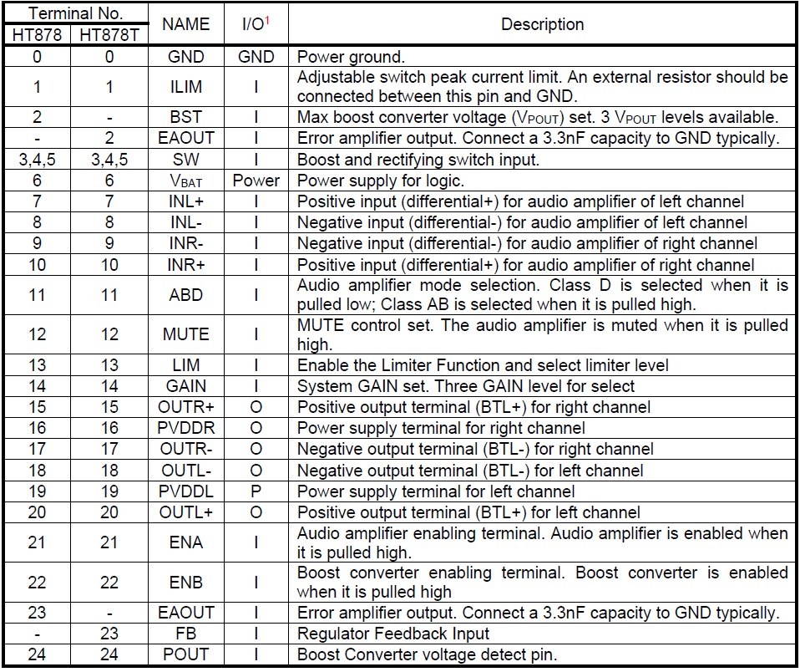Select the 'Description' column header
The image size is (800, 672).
(542, 24)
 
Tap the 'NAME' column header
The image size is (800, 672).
(185, 24)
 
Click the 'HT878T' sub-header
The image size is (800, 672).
(109, 35)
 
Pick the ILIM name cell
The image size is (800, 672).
(185, 86)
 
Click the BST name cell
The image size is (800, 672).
(185, 117)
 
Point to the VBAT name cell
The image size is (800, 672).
(185, 181)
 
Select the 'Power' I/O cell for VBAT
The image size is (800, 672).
(256, 181)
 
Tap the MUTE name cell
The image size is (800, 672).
(185, 333)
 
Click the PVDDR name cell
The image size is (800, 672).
(185, 427)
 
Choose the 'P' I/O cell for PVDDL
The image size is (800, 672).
(256, 491)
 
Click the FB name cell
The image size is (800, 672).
(185, 634)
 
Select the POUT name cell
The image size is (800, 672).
(185, 654)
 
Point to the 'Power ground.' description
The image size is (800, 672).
(351, 57)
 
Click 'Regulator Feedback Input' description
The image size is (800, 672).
(393, 634)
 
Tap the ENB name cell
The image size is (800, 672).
(185, 582)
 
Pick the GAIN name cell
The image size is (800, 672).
(185, 386)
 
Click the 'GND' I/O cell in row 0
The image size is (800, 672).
(256, 57)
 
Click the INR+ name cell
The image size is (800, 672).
(185, 265)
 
